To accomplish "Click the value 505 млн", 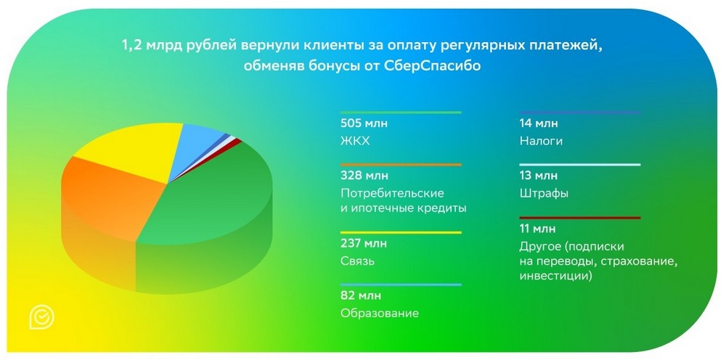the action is (364, 123).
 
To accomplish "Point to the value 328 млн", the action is (364, 176).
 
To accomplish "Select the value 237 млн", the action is (364, 243).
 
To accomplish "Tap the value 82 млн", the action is (360, 295).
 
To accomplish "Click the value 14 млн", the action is (539, 123).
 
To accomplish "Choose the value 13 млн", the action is (539, 176).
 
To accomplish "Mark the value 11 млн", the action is (537, 229).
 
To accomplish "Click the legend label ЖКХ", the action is (355, 141).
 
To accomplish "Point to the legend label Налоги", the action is (541, 141).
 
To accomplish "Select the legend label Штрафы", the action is (544, 193).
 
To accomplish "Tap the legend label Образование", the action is (380, 314).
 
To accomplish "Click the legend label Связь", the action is (357, 261).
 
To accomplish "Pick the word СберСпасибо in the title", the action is (432, 66).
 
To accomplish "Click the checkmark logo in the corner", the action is (41, 317).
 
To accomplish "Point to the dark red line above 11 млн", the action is (579, 218).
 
